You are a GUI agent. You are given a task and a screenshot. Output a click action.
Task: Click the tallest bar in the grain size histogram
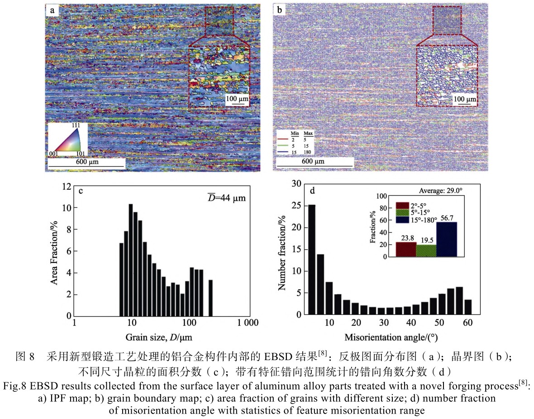coord(131,260)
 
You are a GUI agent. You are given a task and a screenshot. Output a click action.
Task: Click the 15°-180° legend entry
coord(421,220)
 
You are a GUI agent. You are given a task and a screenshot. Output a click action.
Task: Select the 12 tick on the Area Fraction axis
coord(67,186)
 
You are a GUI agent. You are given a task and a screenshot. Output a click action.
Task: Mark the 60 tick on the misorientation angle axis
coord(467,323)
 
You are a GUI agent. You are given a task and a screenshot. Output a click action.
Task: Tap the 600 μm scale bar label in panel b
coord(313,161)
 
